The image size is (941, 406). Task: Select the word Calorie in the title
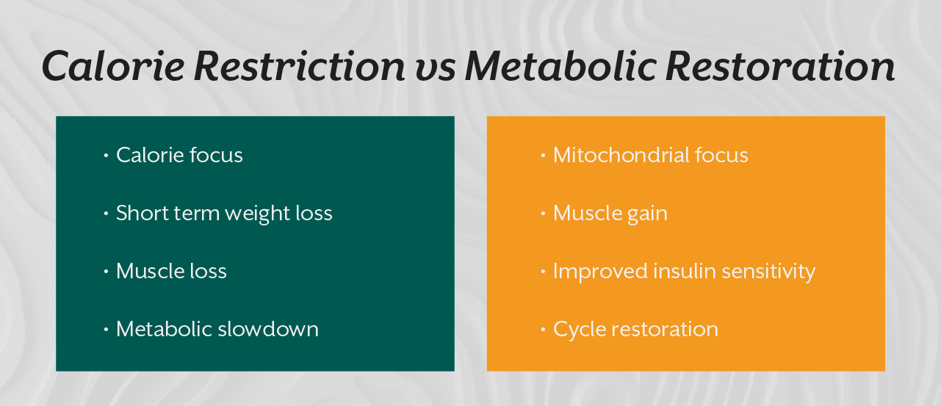(x=113, y=66)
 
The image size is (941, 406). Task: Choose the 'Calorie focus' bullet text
(x=179, y=156)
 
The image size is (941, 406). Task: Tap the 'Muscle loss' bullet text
(x=171, y=271)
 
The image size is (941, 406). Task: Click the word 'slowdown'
(x=268, y=329)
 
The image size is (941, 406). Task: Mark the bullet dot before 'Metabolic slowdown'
(x=107, y=329)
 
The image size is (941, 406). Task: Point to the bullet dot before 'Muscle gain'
(x=544, y=214)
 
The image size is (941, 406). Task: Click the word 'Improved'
(x=596, y=271)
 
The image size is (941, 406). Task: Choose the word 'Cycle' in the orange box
(x=577, y=329)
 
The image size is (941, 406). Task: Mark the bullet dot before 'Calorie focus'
(x=107, y=156)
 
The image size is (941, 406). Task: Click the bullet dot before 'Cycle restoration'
(x=544, y=329)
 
